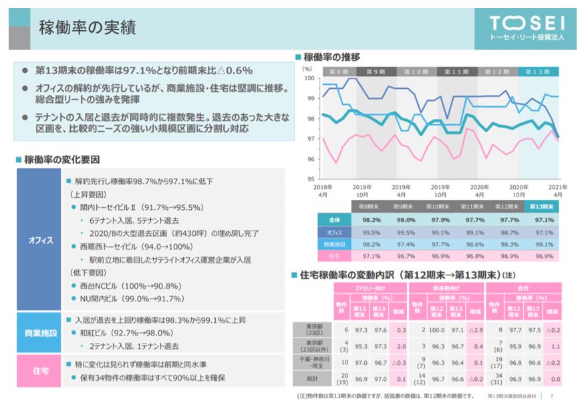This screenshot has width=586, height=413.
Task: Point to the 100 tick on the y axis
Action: (310, 78)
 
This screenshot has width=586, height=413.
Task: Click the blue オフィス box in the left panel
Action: (40, 240)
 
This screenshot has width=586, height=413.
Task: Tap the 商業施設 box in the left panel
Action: (40, 332)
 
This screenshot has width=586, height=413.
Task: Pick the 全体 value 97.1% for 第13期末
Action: (543, 220)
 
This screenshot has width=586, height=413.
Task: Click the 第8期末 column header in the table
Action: (371, 207)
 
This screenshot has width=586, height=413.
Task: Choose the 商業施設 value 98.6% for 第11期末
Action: (457, 245)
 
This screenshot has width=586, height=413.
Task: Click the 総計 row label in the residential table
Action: (312, 379)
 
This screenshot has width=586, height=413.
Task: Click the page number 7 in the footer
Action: (551, 396)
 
